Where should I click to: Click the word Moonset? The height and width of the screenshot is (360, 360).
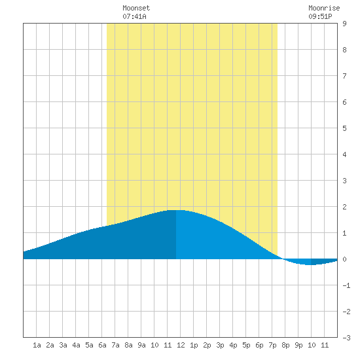(x=136, y=8)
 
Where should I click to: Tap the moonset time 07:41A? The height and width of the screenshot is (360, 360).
(x=134, y=16)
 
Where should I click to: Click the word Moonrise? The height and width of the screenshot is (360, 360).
(x=324, y=8)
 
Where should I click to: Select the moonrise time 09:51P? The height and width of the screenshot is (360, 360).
(x=320, y=16)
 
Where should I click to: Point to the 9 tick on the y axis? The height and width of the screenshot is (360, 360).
(x=344, y=24)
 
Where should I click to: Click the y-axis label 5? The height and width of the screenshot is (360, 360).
(x=344, y=128)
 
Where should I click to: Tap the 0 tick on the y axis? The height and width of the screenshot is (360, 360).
(x=344, y=259)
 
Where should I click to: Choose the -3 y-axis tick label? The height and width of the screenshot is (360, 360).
(x=346, y=338)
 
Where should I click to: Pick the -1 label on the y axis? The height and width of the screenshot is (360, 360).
(x=346, y=285)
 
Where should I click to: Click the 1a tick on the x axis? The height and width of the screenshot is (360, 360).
(x=37, y=345)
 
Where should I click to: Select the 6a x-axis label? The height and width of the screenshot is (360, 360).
(x=102, y=345)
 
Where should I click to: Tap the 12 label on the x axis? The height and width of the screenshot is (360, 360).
(x=181, y=345)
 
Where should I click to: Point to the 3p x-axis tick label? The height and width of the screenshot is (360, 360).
(x=220, y=345)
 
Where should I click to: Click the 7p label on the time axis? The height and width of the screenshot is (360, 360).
(x=272, y=345)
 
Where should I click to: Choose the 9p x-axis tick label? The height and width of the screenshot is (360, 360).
(x=298, y=345)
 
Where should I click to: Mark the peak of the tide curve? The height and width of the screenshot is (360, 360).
(x=176, y=210)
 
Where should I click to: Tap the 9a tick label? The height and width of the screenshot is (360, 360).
(x=141, y=345)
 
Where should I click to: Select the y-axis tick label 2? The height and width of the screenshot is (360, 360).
(x=344, y=207)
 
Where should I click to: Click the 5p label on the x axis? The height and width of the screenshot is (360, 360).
(x=246, y=345)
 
